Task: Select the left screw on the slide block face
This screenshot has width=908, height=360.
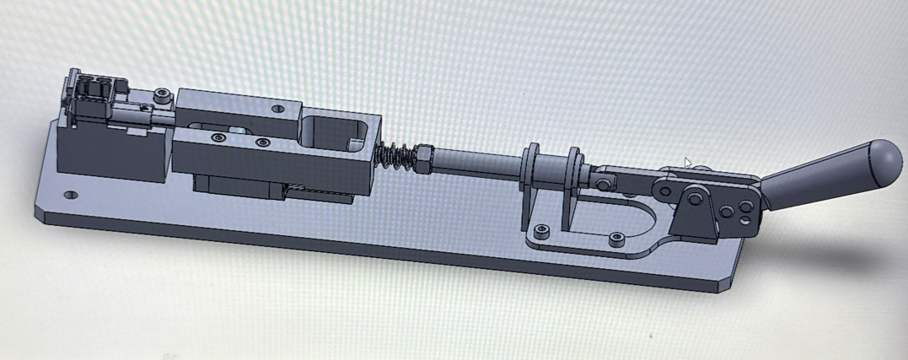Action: click(x=219, y=137)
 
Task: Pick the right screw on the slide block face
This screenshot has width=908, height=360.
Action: click(x=261, y=143)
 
